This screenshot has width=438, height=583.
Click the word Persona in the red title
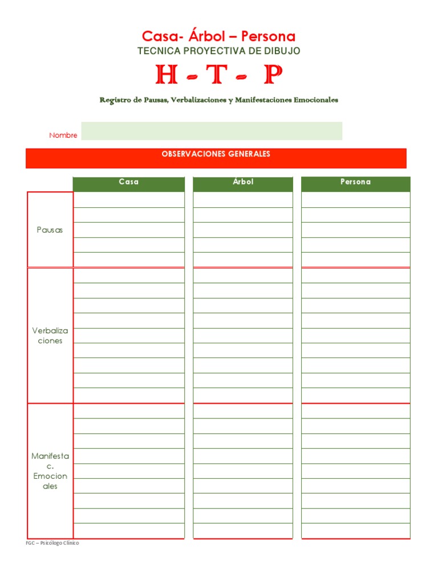click(268, 37)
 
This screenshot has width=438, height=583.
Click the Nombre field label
click(63, 136)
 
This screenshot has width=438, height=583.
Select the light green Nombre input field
click(212, 131)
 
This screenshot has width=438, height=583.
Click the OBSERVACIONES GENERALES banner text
click(216, 154)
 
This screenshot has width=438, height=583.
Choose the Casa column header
click(128, 182)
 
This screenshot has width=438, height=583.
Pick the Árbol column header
click(243, 182)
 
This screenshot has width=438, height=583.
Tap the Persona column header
click(355, 182)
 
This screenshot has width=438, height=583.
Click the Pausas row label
click(50, 231)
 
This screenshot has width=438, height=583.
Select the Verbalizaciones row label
click(50, 336)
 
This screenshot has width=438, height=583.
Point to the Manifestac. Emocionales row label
click(50, 471)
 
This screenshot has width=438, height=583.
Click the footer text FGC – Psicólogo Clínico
click(52, 543)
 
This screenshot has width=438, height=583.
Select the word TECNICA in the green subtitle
click(156, 51)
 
